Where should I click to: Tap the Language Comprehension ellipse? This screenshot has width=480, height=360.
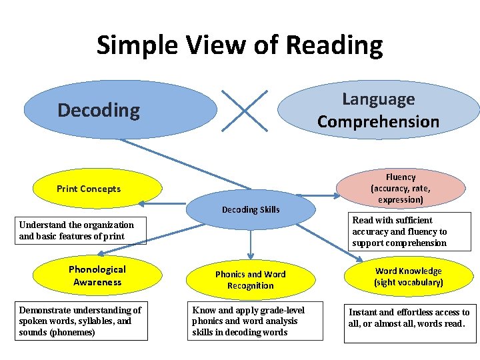point(378,110)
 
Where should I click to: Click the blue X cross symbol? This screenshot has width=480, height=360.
point(245,111)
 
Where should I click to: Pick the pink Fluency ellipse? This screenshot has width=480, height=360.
point(401,188)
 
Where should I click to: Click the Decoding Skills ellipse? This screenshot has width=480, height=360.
point(251,210)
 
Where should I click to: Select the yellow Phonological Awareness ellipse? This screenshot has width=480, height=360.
point(96,275)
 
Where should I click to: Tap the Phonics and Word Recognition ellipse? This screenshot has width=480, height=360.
point(250,280)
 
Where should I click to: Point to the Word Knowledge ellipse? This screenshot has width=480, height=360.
point(408,277)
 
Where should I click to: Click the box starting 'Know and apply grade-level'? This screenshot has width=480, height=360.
point(255,321)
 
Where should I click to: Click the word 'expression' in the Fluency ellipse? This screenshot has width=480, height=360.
point(401,199)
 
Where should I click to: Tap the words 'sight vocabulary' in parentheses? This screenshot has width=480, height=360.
point(409,283)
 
